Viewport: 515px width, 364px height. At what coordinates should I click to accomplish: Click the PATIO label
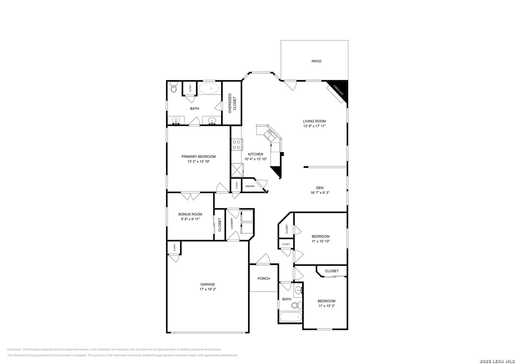[x=316, y=61]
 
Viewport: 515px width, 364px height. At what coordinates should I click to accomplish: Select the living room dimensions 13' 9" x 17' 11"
[x=314, y=126]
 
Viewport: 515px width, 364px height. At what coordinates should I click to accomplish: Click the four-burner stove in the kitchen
[x=236, y=145]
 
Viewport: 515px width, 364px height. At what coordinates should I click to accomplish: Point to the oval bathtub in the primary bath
[x=209, y=88]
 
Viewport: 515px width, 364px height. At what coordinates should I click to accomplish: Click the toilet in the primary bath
[x=174, y=88]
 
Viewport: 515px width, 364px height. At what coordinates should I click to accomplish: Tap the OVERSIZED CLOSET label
[x=232, y=103]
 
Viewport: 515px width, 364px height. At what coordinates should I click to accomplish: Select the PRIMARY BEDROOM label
[x=198, y=156]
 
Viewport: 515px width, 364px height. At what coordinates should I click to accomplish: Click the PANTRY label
[x=250, y=186]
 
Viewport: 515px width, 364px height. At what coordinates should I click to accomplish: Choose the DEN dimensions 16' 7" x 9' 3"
[x=319, y=193]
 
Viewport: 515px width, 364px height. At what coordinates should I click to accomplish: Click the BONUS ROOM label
[x=190, y=214]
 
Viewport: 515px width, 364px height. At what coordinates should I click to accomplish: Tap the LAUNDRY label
[x=232, y=224]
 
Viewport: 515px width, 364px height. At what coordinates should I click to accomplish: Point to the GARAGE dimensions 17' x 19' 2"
[x=207, y=289]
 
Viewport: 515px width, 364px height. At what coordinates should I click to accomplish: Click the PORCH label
[x=264, y=278]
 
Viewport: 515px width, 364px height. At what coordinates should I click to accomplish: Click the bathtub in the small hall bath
[x=291, y=317]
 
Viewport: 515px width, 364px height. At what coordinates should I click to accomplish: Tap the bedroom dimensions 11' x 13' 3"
[x=326, y=306]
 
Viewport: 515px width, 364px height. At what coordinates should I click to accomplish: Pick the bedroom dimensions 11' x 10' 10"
[x=320, y=241]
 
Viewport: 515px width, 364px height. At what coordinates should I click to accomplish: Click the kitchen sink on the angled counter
[x=270, y=133]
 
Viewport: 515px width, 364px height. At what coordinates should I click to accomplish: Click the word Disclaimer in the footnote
[x=15, y=350]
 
